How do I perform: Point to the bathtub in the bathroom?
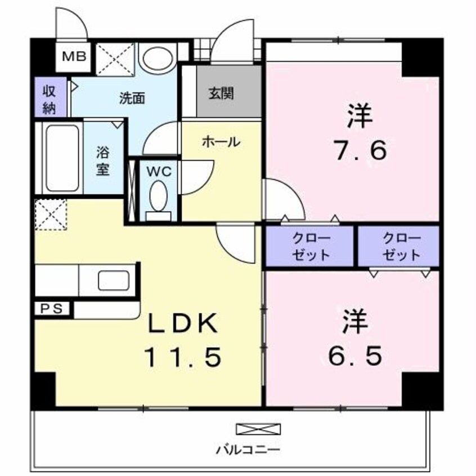point(62,158)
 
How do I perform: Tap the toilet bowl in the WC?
point(158,198)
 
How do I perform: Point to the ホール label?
point(221,142)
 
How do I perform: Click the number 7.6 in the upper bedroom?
point(358,151)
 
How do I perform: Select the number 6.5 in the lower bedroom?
point(355,355)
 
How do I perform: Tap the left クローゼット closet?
point(311,246)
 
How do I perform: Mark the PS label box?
point(53,308)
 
